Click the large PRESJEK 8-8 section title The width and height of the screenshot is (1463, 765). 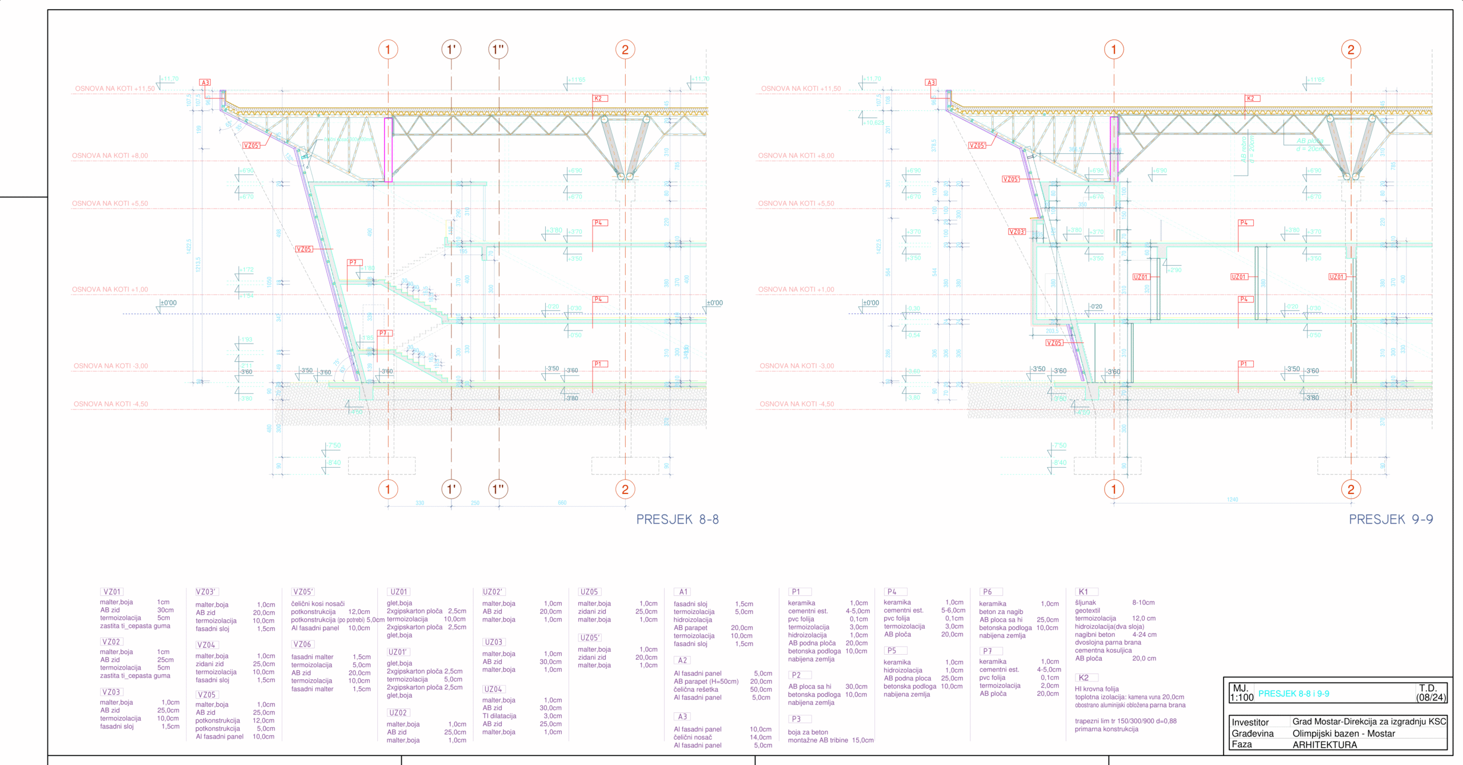click(677, 519)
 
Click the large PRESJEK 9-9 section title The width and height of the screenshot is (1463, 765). click(1390, 519)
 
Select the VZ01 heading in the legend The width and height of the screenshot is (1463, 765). click(111, 592)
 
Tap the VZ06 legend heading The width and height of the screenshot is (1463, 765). click(302, 644)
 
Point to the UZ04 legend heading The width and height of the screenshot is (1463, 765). click(493, 690)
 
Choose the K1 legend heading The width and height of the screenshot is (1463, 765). click(1083, 592)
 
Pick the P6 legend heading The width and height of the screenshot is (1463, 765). click(988, 592)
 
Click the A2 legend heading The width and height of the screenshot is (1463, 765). click(682, 660)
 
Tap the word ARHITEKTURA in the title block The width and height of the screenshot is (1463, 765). click(1324, 744)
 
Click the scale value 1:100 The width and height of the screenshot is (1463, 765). click(1241, 698)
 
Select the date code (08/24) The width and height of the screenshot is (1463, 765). click(1430, 698)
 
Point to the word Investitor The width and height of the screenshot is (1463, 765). click(1250, 722)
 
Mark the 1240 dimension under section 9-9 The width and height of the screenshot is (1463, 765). click(1232, 500)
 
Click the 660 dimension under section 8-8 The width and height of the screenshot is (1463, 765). click(562, 503)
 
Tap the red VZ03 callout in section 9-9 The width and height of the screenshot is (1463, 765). click(1017, 232)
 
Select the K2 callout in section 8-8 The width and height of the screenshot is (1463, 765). click(598, 98)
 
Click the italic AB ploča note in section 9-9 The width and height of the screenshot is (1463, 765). click(1309, 141)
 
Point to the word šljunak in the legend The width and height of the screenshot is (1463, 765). click(1085, 603)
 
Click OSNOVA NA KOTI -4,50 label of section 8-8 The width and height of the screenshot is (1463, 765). click(110, 404)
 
